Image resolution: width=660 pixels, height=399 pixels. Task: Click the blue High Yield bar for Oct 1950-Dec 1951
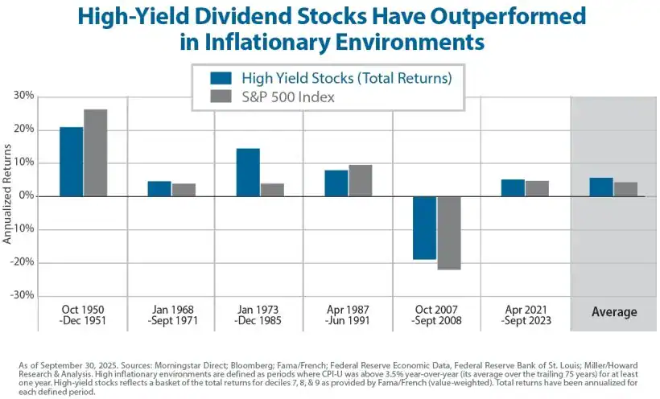pos(71,161)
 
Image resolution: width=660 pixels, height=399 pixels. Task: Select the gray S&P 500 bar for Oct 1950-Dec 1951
pos(95,153)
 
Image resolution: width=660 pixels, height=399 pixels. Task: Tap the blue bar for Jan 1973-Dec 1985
pos(248,172)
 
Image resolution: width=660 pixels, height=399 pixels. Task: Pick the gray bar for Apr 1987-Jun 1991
pos(361,180)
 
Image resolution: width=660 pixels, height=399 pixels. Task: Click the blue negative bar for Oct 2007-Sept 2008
pos(424,228)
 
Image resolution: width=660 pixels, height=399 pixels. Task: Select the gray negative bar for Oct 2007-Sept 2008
pos(448,232)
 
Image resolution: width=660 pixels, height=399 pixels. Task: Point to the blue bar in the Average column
pos(601,187)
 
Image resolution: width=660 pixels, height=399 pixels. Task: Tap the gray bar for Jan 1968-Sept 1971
pos(184,190)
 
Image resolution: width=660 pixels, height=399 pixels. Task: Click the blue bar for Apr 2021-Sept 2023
pos(513,187)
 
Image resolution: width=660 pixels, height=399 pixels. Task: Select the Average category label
pos(614,312)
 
